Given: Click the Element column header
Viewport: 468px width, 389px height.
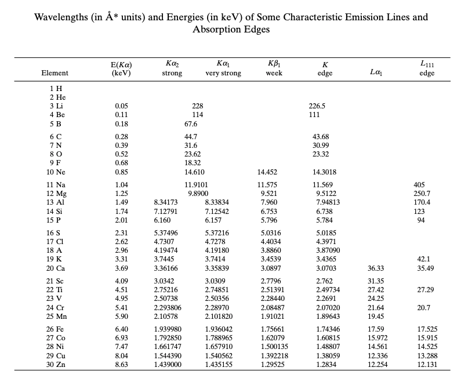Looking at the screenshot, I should coord(55,73).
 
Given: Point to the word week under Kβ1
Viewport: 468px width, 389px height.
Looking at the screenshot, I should coord(274,73).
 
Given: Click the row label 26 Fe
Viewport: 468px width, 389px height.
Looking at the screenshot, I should coord(55,329).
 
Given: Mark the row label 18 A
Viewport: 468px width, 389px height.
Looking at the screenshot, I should coord(55,250).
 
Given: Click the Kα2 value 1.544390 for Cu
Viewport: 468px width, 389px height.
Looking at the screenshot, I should coord(168,355).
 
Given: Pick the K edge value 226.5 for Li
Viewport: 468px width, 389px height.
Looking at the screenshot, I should coord(317,106).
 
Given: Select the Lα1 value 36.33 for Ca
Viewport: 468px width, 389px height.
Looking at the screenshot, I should coord(376,268).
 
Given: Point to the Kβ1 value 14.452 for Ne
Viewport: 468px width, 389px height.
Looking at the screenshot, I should coord(267,172).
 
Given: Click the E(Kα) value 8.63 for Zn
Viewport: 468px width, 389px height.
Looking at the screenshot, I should coord(122,365).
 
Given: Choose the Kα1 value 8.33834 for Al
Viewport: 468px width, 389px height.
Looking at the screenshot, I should coord(217,202).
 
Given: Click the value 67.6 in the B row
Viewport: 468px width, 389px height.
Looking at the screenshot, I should coord(191,123).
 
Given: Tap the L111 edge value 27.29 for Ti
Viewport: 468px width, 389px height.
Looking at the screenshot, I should coord(426,289).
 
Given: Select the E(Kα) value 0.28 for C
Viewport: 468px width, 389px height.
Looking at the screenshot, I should coord(122,136).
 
